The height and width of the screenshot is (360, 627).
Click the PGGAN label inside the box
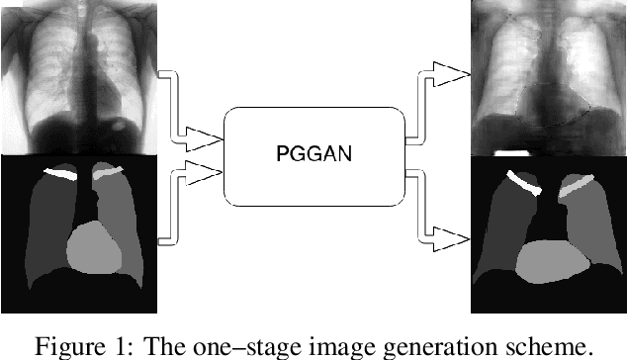click(313, 154)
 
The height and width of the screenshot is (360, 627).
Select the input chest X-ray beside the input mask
click(78, 76)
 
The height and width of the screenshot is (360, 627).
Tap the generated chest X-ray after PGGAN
click(549, 76)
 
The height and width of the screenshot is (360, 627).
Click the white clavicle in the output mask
click(525, 185)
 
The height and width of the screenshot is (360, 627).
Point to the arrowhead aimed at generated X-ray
click(450, 73)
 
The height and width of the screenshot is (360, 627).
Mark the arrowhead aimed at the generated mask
click(450, 237)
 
